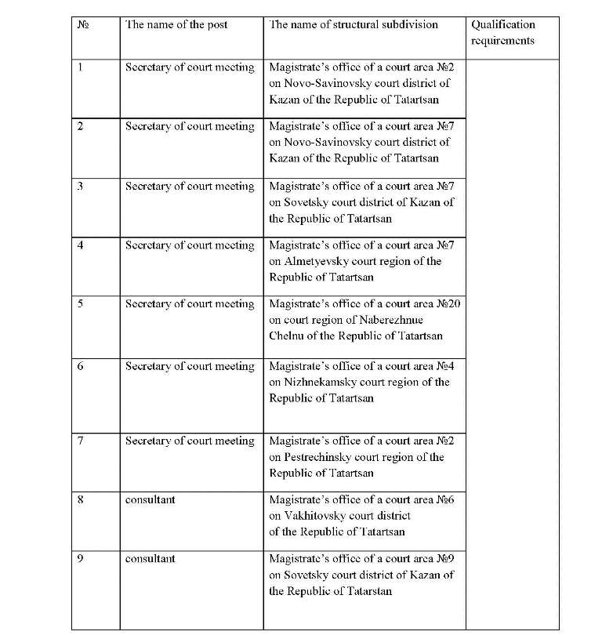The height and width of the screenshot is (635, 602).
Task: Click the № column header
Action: pyautogui.click(x=83, y=25)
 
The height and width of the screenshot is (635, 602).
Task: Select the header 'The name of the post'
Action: pyautogui.click(x=176, y=24)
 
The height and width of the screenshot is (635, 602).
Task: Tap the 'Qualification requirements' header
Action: pyautogui.click(x=502, y=32)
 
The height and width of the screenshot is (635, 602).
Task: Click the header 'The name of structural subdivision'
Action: pyautogui.click(x=354, y=24)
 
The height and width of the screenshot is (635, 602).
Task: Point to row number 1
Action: pyautogui.click(x=80, y=67)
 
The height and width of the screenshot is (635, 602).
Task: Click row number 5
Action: pyautogui.click(x=80, y=304)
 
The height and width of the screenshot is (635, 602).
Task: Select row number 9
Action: pyautogui.click(x=80, y=559)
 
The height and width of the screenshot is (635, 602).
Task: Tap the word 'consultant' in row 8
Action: pyautogui.click(x=150, y=499)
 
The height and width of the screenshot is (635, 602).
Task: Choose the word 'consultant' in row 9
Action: pyautogui.click(x=150, y=559)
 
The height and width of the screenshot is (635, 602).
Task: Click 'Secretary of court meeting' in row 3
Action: pyautogui.click(x=190, y=187)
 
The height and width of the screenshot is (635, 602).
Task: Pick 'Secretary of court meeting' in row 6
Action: pyautogui.click(x=190, y=366)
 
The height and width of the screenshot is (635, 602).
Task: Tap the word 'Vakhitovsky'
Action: pyautogui.click(x=317, y=516)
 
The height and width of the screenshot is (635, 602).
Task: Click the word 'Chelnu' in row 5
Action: pyautogui.click(x=287, y=336)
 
